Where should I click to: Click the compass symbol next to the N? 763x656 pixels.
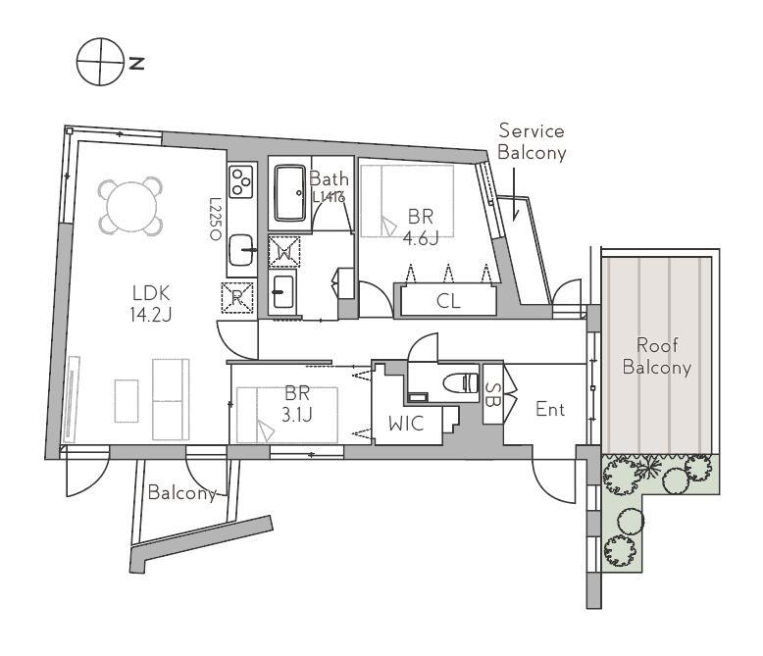[x=100, y=62]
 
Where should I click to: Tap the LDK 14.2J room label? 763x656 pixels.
[x=151, y=304]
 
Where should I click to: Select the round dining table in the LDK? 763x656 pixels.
[x=130, y=206]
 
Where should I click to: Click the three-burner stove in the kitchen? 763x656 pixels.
[x=241, y=181]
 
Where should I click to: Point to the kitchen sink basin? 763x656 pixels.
[x=241, y=250]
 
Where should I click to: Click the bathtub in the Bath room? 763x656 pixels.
[x=290, y=193]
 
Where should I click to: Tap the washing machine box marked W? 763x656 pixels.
[x=284, y=251]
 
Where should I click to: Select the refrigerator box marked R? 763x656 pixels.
[x=238, y=297]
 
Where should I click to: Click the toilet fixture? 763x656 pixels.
[x=461, y=382]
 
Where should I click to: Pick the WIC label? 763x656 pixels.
[x=406, y=424]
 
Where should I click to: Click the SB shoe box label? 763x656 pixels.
[x=492, y=393]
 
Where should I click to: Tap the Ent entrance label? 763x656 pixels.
[x=550, y=410]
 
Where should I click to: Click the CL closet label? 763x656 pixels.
[x=448, y=301]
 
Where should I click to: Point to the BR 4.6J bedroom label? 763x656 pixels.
[x=421, y=227]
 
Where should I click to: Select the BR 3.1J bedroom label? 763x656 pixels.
[x=297, y=403]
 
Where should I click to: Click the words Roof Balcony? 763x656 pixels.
[x=657, y=356]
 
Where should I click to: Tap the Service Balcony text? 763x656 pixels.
[x=532, y=141]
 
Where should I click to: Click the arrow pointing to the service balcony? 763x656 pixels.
[x=514, y=194]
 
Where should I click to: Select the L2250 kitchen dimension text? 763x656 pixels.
[x=215, y=219]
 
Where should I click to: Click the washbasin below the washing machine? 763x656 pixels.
[x=283, y=292]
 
